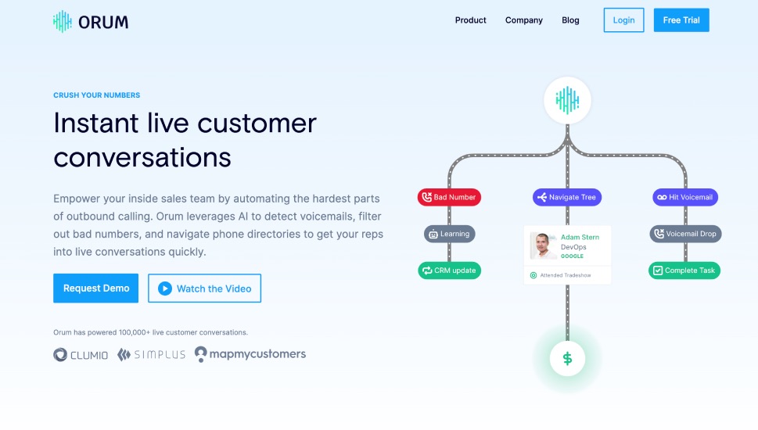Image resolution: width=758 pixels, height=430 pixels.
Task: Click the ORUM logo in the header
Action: [91, 22]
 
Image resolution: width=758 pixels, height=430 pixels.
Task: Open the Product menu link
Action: [470, 20]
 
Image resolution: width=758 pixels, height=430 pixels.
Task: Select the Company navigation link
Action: [523, 20]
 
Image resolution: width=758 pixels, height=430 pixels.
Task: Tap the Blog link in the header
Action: [570, 20]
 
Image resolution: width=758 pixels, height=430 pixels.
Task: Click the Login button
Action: [623, 20]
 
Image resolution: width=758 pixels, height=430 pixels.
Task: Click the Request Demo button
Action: [95, 288]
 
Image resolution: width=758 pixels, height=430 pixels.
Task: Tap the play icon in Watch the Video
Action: [165, 288]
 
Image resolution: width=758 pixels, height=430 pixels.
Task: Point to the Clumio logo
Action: [81, 355]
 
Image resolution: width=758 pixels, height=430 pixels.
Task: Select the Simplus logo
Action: [151, 355]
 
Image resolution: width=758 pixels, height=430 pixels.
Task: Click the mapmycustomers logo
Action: [250, 354]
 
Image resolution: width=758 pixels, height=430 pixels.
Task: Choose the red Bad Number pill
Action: [449, 197]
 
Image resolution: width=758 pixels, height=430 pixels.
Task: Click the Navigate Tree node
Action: [567, 197]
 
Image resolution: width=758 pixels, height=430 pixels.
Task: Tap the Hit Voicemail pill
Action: [685, 197]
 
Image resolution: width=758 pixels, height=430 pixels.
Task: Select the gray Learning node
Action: [450, 234]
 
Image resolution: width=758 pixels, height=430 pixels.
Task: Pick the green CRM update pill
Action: [449, 271]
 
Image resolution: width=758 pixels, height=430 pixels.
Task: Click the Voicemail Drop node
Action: [685, 234]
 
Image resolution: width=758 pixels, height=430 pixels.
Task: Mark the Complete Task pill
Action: [684, 271]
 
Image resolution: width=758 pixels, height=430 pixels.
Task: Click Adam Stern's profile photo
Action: [543, 245]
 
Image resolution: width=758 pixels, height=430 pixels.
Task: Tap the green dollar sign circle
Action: [568, 359]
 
